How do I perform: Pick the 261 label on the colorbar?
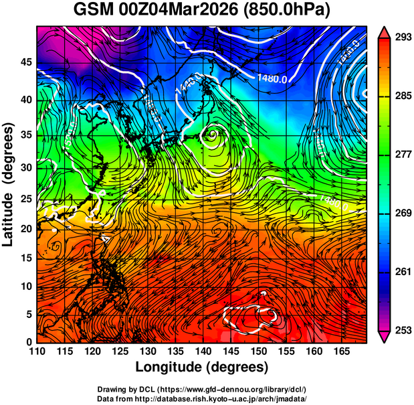pos(402,272)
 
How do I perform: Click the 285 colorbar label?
pos(402,96)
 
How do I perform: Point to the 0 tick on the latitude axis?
pos(29,343)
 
